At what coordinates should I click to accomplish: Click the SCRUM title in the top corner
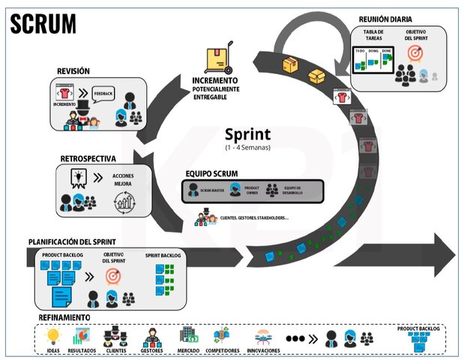pos(43,23)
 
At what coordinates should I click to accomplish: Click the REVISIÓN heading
pos(73,71)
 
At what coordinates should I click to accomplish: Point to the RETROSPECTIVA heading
pos(88,159)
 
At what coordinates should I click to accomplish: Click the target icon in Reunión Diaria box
pos(415,53)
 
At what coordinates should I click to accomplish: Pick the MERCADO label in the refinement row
pos(188,350)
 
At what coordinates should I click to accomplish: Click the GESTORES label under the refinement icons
pos(153,350)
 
